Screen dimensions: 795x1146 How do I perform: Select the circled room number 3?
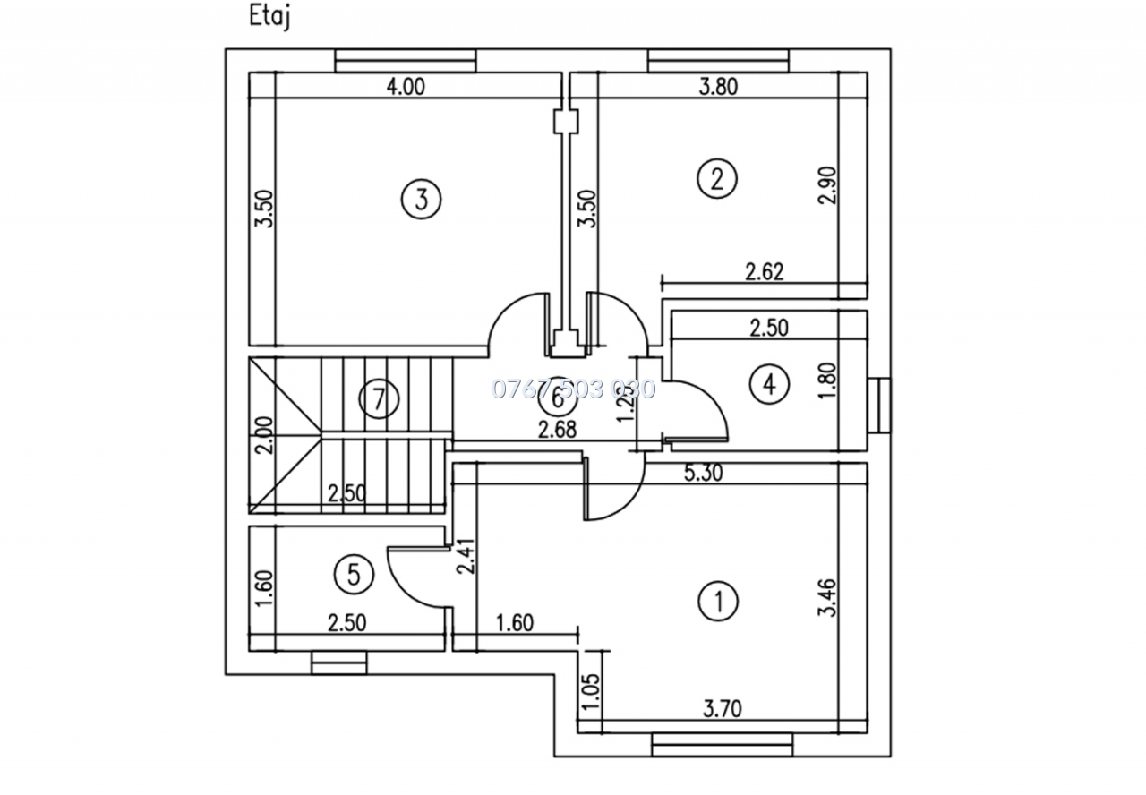(x=421, y=198)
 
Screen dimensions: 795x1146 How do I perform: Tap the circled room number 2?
(x=716, y=178)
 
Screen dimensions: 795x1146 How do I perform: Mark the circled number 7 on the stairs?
(x=379, y=398)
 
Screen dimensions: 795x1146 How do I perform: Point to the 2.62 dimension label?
(x=764, y=271)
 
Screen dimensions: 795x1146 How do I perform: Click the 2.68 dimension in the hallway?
(x=556, y=430)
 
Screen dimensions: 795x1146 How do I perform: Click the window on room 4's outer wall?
(x=881, y=406)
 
